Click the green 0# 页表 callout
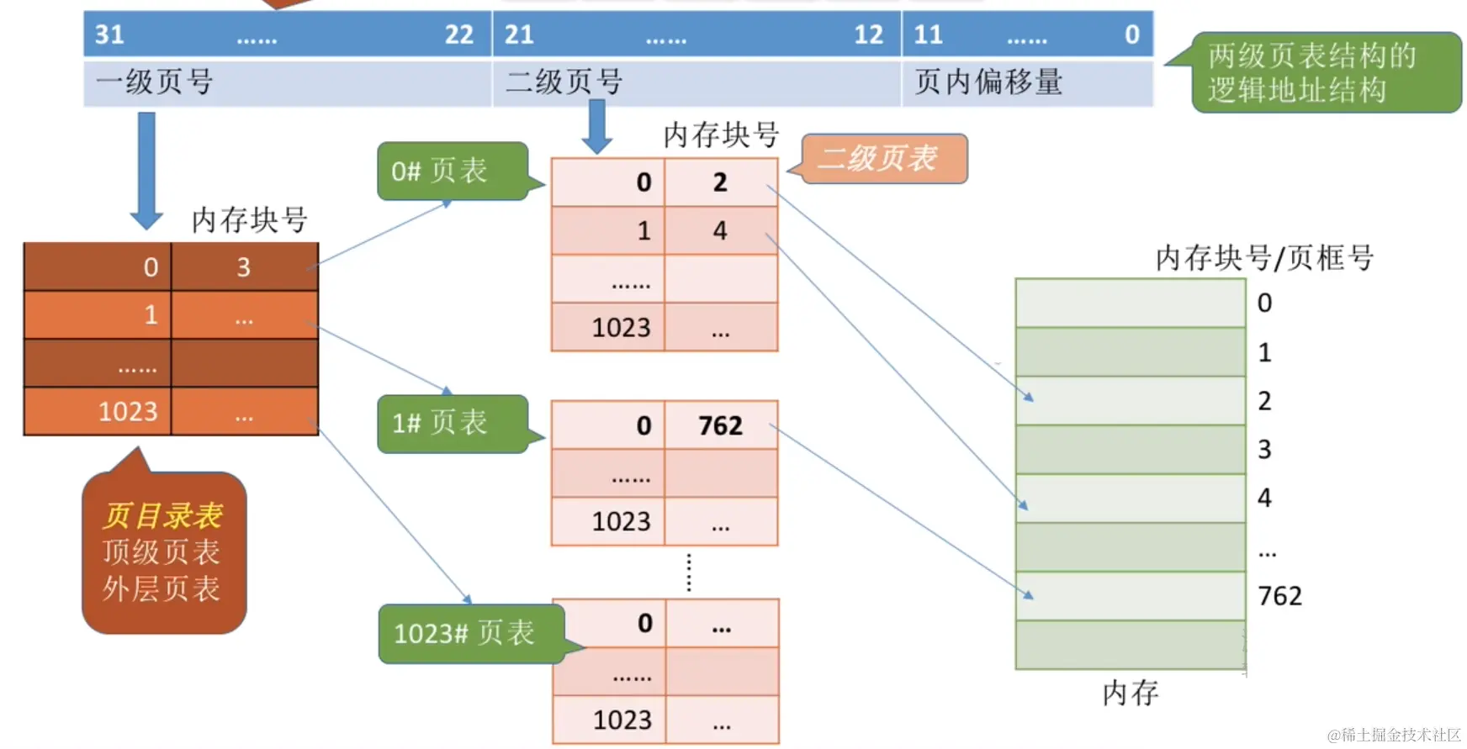(452, 171)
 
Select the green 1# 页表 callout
(452, 423)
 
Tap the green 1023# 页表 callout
(469, 633)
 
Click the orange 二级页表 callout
(882, 158)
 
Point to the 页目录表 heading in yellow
(163, 514)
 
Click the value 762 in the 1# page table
(720, 425)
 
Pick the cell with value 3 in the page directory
(243, 267)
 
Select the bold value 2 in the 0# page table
(720, 182)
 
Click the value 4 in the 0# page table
(720, 230)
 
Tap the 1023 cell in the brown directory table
(128, 411)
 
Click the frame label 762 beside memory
(1279, 596)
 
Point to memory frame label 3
(1264, 450)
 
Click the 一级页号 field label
(155, 82)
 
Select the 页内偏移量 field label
(988, 82)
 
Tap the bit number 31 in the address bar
(109, 34)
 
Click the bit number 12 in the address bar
(869, 34)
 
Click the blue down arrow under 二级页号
(597, 126)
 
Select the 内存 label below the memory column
(1130, 693)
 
